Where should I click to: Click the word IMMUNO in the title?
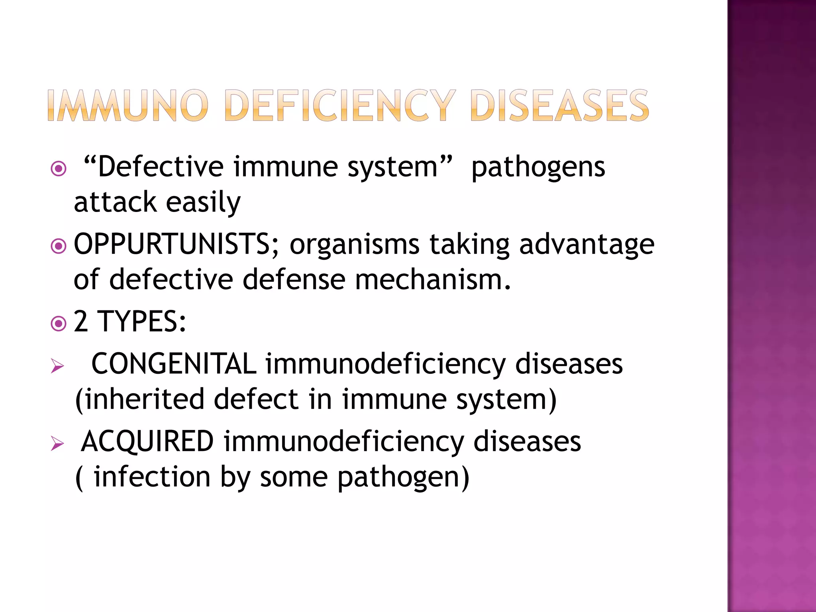pos(127,106)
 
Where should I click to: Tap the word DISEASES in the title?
pos(559,106)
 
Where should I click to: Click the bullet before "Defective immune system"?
pos(59,169)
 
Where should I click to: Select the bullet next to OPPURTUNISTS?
pos(59,246)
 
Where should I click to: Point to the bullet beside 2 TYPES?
pos(59,324)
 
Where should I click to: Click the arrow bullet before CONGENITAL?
pos(57,366)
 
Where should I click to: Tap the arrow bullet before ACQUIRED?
pos(57,443)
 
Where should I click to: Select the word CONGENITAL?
pos(174,363)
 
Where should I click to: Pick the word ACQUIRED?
pos(147,441)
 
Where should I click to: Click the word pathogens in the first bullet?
pos(538,167)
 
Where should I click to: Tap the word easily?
pos(203,202)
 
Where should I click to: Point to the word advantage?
pos(586,244)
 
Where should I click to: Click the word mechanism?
pos(432,279)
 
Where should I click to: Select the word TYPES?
pos(141,321)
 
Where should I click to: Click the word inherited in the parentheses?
pos(143,399)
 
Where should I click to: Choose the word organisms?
pos(354,245)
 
